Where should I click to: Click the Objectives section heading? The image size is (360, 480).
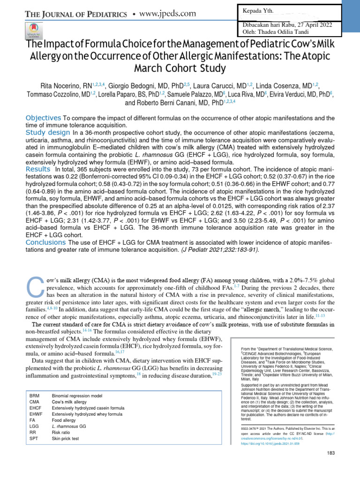(x=43, y=117)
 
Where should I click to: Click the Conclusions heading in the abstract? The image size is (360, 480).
(x=45, y=242)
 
